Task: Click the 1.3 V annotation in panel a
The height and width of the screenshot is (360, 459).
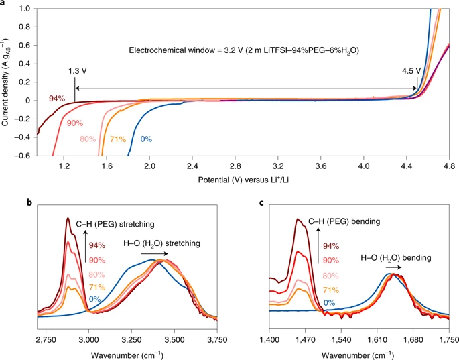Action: pos(77,70)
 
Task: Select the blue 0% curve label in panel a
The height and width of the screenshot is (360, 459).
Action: pos(146,139)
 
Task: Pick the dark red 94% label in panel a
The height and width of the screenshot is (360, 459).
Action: pos(56,99)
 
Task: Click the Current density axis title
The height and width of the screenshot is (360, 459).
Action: pos(6,82)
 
